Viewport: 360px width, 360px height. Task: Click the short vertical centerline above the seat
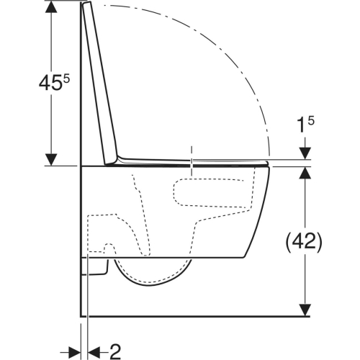point(191,155)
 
